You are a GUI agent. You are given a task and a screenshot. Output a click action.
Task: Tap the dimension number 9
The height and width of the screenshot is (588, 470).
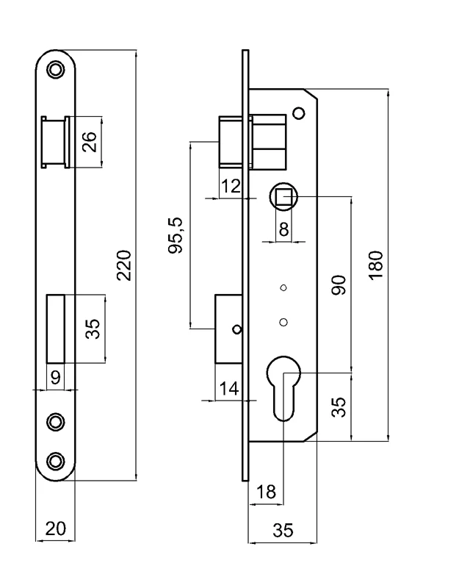[54, 378]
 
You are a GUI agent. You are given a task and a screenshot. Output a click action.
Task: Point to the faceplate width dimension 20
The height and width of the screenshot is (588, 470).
[55, 528]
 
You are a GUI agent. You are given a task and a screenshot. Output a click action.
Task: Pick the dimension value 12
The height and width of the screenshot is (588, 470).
[231, 187]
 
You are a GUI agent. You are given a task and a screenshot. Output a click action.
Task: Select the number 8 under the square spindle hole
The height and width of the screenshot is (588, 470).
[283, 229]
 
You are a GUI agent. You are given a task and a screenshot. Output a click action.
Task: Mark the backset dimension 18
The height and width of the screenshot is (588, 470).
[267, 492]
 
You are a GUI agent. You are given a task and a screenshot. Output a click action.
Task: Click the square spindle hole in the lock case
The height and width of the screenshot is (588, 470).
[283, 196]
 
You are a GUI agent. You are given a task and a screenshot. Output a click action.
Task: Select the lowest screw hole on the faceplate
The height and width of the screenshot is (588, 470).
[55, 460]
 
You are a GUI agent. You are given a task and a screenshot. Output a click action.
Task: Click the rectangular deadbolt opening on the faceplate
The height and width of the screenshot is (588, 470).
[55, 328]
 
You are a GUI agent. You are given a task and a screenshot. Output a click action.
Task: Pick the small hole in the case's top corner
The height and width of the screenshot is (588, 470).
[298, 112]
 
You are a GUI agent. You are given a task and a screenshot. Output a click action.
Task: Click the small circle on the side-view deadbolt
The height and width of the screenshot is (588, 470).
[236, 329]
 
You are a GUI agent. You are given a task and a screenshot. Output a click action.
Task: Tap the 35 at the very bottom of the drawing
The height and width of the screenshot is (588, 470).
[283, 530]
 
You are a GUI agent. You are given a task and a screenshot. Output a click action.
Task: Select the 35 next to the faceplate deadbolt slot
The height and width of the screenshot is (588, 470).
[91, 328]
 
